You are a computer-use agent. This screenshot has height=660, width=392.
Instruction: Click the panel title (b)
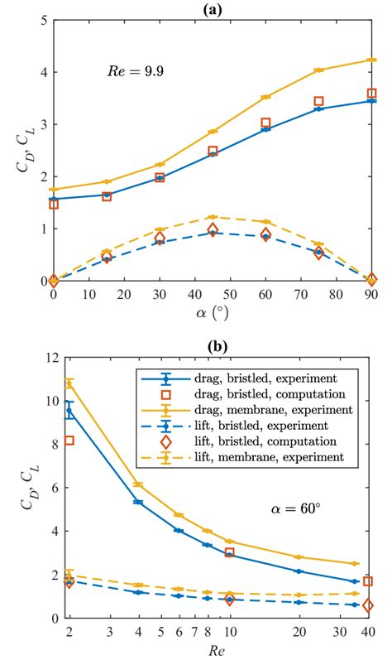pyautogui.click(x=212, y=339)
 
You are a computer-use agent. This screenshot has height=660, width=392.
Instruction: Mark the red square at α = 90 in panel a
pyautogui.click(x=371, y=94)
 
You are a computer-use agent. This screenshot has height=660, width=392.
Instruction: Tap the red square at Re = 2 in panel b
pyautogui.click(x=69, y=441)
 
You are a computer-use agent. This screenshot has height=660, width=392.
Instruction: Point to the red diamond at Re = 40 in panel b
pyautogui.click(x=369, y=605)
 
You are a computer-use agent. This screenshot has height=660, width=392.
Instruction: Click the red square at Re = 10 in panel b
pyautogui.click(x=230, y=552)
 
